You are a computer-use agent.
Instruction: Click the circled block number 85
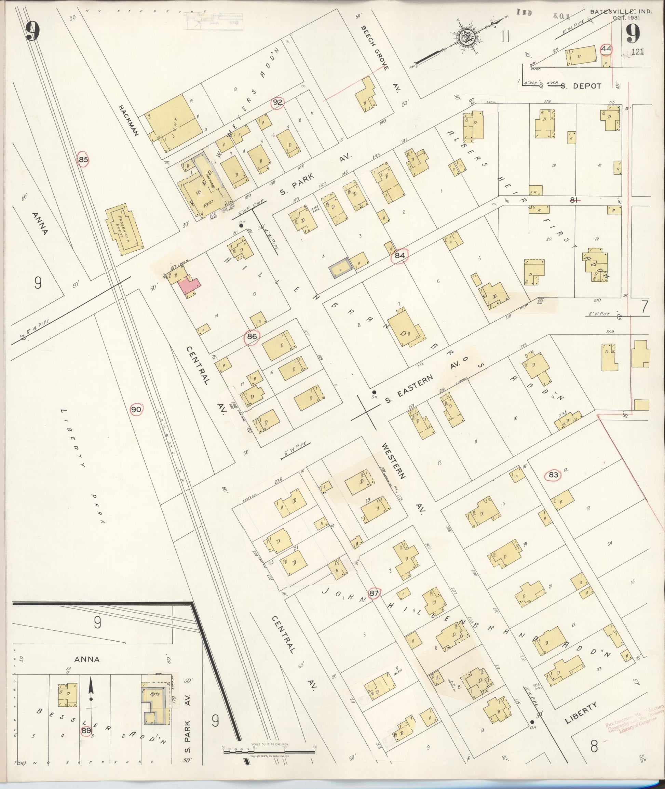pos(83,160)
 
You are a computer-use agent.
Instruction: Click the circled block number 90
pos(136,409)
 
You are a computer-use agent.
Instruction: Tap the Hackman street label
pos(129,120)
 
